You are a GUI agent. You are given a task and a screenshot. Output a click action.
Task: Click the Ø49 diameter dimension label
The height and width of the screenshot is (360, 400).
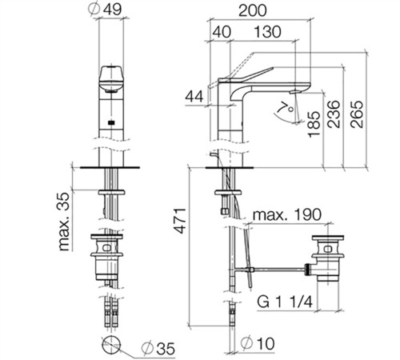pyautogui.click(x=105, y=10)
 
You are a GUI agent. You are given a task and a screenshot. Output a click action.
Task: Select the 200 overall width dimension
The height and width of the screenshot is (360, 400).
pyautogui.click(x=252, y=11)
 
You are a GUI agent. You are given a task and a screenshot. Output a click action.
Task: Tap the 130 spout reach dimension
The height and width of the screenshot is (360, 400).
pyautogui.click(x=267, y=32)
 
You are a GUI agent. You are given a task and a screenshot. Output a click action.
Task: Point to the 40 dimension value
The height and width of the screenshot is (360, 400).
pyautogui.click(x=222, y=32)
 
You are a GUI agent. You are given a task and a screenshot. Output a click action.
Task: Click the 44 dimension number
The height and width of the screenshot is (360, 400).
pyautogui.click(x=194, y=97)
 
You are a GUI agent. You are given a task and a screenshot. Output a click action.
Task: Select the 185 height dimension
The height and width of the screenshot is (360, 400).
pyautogui.click(x=314, y=125)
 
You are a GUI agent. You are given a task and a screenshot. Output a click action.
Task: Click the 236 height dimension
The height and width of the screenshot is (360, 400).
pyautogui.click(x=334, y=114)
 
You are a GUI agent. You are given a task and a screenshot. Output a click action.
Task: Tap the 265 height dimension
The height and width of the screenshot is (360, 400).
pyautogui.click(x=357, y=114)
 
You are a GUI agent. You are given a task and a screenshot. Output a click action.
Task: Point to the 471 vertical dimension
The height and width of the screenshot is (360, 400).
pyautogui.click(x=181, y=221)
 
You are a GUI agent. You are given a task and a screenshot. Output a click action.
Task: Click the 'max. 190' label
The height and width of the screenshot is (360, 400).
pyautogui.click(x=287, y=215)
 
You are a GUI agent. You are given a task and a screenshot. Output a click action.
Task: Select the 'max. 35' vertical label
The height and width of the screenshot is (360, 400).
pyautogui.click(x=64, y=222)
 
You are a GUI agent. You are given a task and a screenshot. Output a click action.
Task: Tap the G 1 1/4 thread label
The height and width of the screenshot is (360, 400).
pyautogui.click(x=285, y=302)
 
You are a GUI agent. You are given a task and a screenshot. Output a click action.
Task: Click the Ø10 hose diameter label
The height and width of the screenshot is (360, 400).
pyautogui.click(x=258, y=343)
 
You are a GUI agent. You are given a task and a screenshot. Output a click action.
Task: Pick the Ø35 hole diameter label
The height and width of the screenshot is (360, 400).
pyautogui.click(x=158, y=348)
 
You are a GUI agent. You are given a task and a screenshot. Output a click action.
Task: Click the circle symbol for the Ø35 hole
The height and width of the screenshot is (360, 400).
pyautogui.click(x=111, y=345)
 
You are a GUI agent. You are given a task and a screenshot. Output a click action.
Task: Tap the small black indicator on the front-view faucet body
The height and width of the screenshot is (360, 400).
pyautogui.click(x=111, y=122)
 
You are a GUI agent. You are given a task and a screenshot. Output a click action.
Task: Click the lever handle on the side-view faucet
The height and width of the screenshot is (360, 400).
pyautogui.click(x=246, y=75)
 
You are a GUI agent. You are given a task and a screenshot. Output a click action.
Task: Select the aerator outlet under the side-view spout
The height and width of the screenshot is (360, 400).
pyautogui.click(x=295, y=92)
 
